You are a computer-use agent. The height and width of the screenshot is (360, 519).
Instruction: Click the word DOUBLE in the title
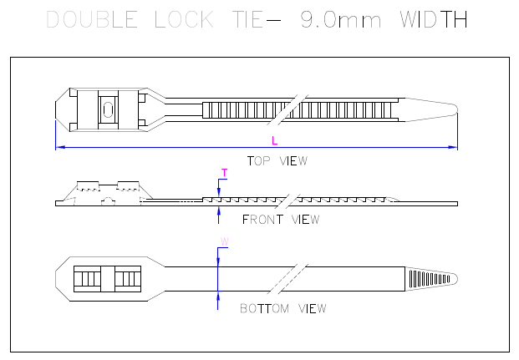[x=92, y=19]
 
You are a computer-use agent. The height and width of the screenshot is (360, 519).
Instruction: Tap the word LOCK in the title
[x=184, y=19]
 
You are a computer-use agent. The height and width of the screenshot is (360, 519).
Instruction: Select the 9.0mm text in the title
[x=341, y=19]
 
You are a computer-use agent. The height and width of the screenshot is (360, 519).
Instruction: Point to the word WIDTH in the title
[x=434, y=19]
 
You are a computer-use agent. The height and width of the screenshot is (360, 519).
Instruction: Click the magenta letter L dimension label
[x=274, y=140]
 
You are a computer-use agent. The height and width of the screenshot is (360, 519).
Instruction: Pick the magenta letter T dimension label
[x=225, y=173]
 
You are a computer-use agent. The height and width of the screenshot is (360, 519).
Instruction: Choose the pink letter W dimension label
[x=225, y=241]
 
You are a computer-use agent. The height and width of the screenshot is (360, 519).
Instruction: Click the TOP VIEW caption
[x=277, y=161]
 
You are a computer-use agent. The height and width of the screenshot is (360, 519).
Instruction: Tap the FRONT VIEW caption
[x=281, y=220]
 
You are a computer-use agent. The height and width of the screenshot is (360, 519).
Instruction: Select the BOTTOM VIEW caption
[x=283, y=308]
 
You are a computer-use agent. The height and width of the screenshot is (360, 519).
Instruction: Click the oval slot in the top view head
[x=108, y=109]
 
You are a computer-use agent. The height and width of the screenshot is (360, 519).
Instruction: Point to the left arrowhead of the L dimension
[x=60, y=147]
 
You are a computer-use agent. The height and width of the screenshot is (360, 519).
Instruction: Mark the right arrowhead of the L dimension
[x=453, y=147]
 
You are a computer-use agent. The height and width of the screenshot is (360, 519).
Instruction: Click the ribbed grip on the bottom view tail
[x=430, y=279]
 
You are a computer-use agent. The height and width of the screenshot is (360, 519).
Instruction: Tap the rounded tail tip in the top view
[x=455, y=109]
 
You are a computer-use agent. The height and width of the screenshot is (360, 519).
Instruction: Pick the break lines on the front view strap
[x=287, y=201]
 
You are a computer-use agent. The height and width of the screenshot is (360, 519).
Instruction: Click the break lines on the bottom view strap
[x=287, y=279]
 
